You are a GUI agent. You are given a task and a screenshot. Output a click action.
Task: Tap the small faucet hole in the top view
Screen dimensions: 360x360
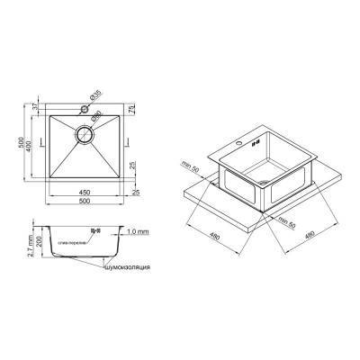(x=86, y=109)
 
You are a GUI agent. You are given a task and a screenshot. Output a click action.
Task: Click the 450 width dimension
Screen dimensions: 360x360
(x=82, y=191)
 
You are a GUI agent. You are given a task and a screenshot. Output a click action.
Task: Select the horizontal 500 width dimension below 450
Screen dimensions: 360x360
(x=82, y=203)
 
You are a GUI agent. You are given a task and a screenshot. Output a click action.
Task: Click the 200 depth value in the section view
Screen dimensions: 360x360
(x=30, y=243)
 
